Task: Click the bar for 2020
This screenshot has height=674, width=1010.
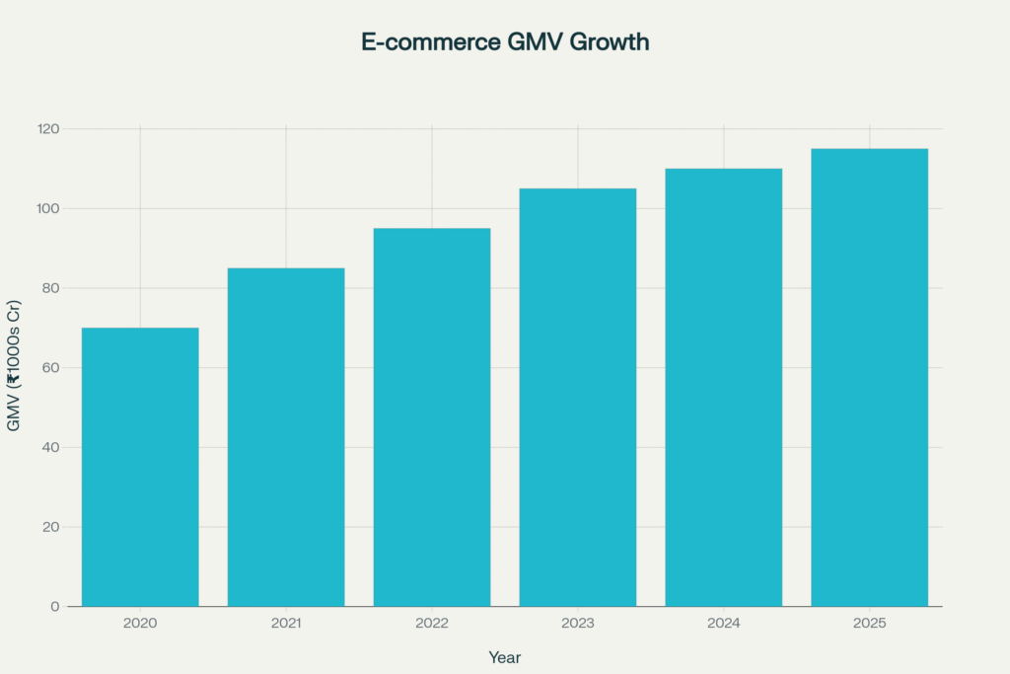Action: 140,467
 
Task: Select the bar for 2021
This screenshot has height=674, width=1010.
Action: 286,437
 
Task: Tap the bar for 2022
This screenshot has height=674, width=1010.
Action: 432,417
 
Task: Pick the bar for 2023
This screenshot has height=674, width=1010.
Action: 578,397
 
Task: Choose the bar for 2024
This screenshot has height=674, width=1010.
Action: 724,387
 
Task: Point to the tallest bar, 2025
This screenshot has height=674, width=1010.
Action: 870,377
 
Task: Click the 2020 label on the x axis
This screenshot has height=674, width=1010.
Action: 140,624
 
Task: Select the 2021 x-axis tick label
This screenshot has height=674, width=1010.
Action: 286,624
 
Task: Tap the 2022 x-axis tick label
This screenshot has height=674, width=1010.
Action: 432,624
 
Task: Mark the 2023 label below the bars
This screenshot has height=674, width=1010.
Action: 578,624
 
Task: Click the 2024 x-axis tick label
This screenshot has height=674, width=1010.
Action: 724,624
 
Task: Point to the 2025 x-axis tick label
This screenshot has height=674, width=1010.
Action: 870,624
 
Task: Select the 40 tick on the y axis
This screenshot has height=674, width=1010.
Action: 50,447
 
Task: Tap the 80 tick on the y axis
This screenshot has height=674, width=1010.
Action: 50,288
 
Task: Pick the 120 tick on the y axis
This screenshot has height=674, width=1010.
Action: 48,129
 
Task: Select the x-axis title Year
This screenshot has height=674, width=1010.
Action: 504,657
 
